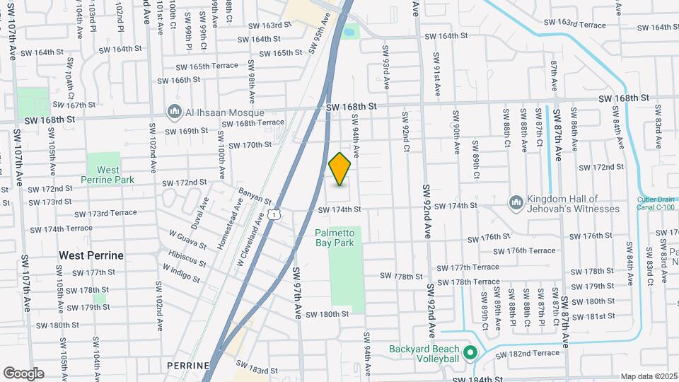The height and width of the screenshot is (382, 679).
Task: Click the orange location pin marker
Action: coord(340,169)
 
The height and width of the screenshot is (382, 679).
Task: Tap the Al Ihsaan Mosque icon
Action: coord(174,112)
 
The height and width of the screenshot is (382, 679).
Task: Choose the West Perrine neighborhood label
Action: coord(91,255)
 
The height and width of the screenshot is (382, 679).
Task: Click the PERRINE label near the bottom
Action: coord(189,365)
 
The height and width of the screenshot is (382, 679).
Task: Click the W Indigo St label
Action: coord(180,272)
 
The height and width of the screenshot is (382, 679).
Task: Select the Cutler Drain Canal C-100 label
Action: coord(657,204)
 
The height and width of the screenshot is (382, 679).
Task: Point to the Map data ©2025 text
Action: coord(648,377)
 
